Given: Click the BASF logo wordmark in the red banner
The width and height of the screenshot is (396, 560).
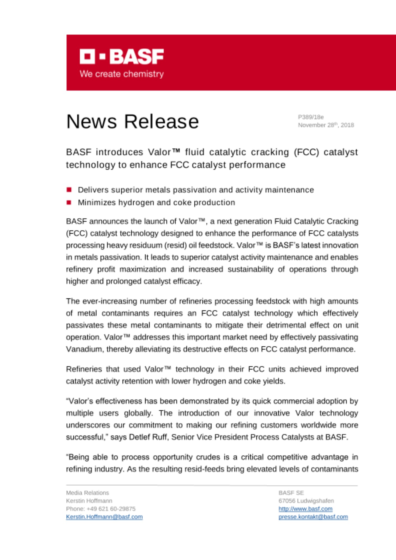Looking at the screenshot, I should point(122,57).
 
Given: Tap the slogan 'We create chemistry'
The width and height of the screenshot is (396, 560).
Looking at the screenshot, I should point(122,74).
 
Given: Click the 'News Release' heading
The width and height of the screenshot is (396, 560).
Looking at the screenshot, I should point(132,122).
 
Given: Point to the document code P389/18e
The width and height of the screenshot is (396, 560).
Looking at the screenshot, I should point(311,117).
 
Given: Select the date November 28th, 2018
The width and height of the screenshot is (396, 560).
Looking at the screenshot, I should point(326,125).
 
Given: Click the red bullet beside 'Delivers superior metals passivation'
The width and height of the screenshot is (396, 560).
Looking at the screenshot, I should point(69,190).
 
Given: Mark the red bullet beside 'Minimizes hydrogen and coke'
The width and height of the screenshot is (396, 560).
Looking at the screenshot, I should point(69,202).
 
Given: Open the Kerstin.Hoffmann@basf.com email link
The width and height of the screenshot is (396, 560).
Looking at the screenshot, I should point(104,517).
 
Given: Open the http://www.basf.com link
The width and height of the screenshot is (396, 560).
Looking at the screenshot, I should point(305,509).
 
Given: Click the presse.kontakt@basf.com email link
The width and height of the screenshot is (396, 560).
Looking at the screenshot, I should point(313,517).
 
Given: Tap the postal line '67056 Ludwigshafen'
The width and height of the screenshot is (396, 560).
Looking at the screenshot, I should point(306,501).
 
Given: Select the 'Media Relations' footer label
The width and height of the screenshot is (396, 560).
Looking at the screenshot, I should point(87,493).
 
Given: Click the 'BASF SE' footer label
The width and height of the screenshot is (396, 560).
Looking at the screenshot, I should point(291,493).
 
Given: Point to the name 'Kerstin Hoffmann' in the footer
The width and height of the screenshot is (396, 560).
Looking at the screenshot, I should point(89,501).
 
